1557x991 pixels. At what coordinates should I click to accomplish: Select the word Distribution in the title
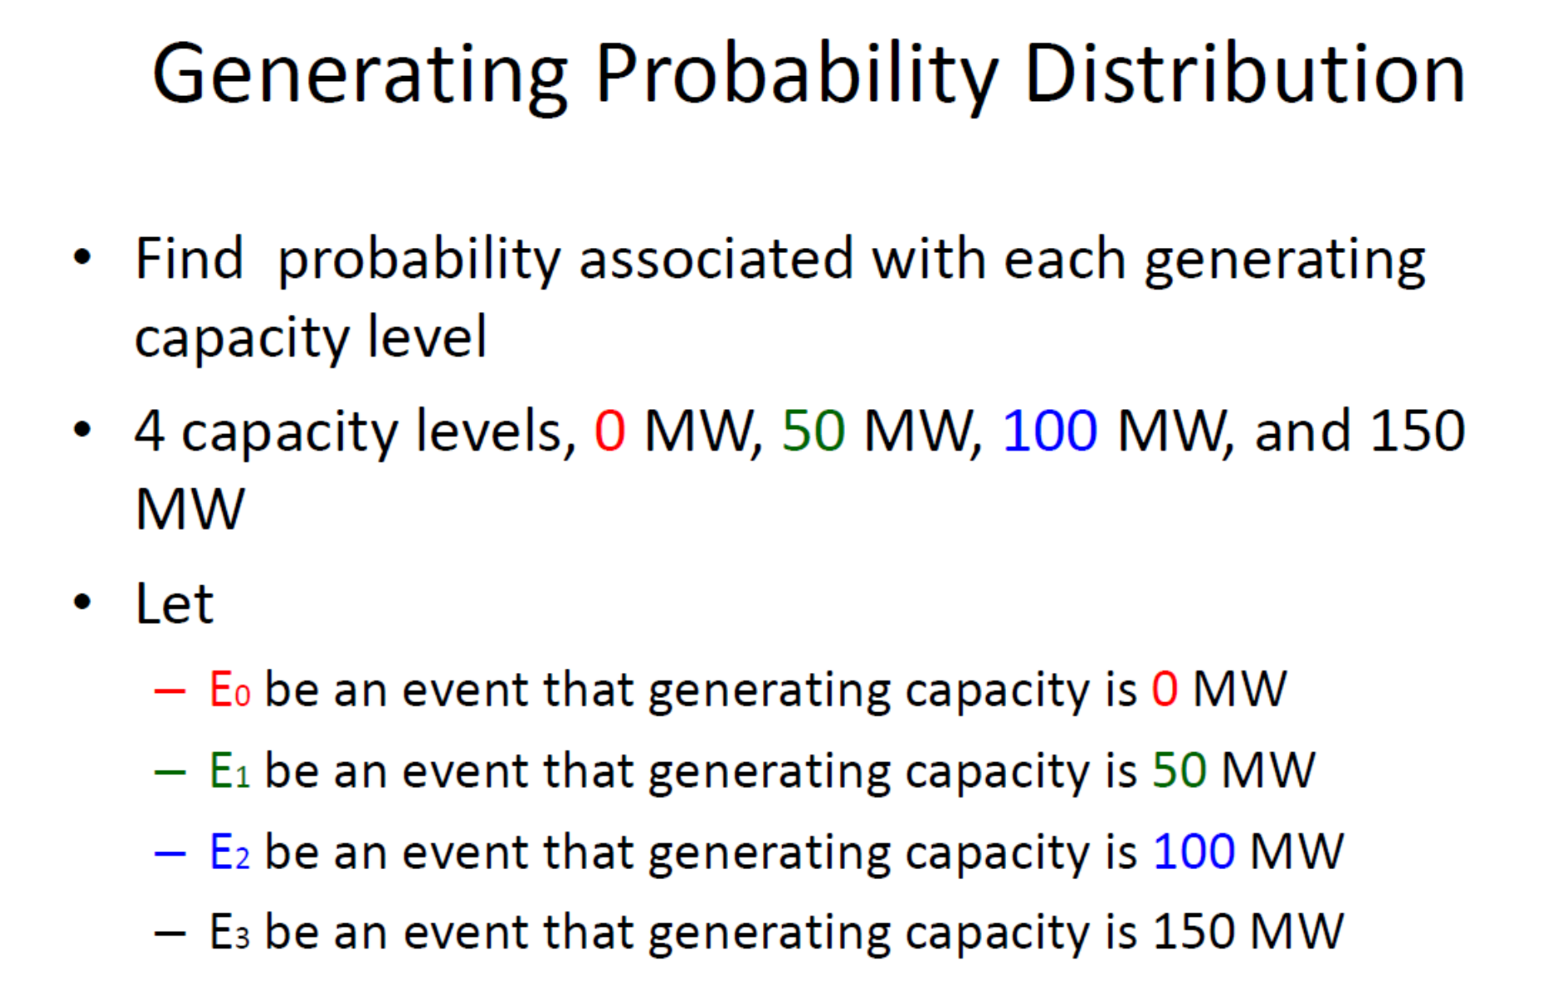click(1244, 75)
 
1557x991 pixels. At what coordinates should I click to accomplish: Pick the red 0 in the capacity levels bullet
click(609, 431)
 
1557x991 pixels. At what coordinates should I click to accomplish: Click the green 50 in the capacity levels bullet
click(813, 431)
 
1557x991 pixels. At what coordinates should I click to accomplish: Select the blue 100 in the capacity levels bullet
click(1049, 431)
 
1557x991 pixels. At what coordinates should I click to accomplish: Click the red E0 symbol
click(229, 690)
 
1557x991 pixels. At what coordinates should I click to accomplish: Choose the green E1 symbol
click(229, 771)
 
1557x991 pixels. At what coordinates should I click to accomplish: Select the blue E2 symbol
click(229, 852)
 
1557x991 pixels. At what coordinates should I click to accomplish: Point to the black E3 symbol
click(229, 932)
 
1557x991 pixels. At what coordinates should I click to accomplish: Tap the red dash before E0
click(169, 691)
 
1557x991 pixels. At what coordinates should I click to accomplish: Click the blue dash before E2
click(169, 853)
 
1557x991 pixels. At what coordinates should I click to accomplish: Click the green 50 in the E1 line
click(1179, 770)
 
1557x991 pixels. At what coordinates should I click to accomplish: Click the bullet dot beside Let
click(82, 602)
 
